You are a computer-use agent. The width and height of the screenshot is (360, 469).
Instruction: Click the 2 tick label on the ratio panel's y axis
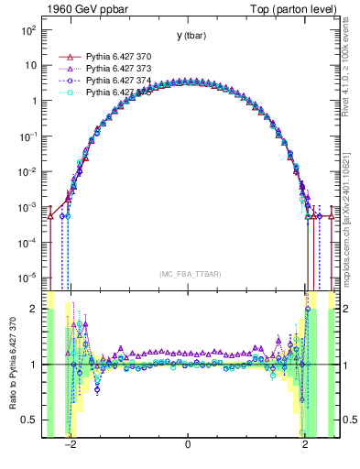coord(35,309)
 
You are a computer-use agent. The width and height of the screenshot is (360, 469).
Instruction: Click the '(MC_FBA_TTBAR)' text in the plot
coord(188,274)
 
